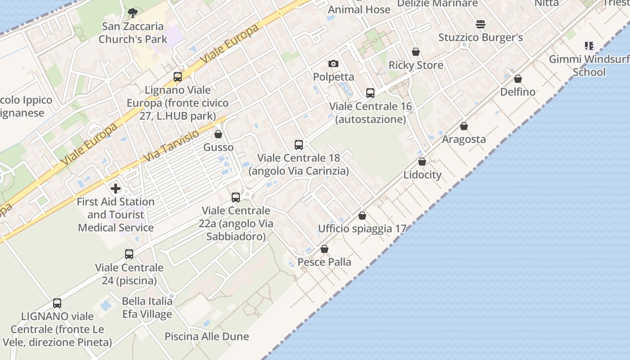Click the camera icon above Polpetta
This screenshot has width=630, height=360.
coord(333,63)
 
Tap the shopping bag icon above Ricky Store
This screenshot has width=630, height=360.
coord(416,52)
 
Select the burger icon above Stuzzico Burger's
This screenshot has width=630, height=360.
coord(481,24)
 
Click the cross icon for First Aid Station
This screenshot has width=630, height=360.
coord(116,188)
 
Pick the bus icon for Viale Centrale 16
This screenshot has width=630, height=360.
coord(370,93)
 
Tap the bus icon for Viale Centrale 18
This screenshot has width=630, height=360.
coord(299,145)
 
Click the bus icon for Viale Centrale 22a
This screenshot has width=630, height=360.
coord(236,197)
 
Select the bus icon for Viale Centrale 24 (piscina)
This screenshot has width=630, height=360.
coord(129,254)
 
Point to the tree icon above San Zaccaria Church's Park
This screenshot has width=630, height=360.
coord(132,13)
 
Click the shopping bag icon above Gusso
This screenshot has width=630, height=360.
coord(218,134)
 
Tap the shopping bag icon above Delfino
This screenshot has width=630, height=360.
coord(518,79)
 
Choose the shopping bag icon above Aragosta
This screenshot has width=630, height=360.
coord(464,126)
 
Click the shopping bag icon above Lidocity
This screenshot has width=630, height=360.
coord(422,162)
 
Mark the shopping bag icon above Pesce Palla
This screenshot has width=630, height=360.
coord(324,249)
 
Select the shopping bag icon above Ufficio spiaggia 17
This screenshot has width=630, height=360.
coord(362,216)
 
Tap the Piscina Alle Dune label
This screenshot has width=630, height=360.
coord(207,336)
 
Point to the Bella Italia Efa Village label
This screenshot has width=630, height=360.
coord(147,307)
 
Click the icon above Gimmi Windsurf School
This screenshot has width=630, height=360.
coord(589,45)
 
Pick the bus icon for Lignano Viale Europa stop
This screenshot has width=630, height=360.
coord(178,77)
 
